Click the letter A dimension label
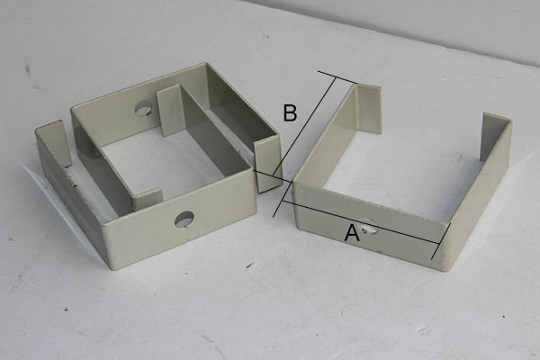[352, 233]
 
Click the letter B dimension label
[290, 113]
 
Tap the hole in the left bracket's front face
[184, 220]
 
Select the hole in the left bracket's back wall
[144, 108]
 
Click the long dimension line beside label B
[304, 148]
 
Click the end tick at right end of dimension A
[441, 241]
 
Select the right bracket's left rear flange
[369, 108]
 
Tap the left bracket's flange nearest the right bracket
[268, 166]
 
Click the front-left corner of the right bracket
[293, 184]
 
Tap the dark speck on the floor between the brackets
[250, 265]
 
